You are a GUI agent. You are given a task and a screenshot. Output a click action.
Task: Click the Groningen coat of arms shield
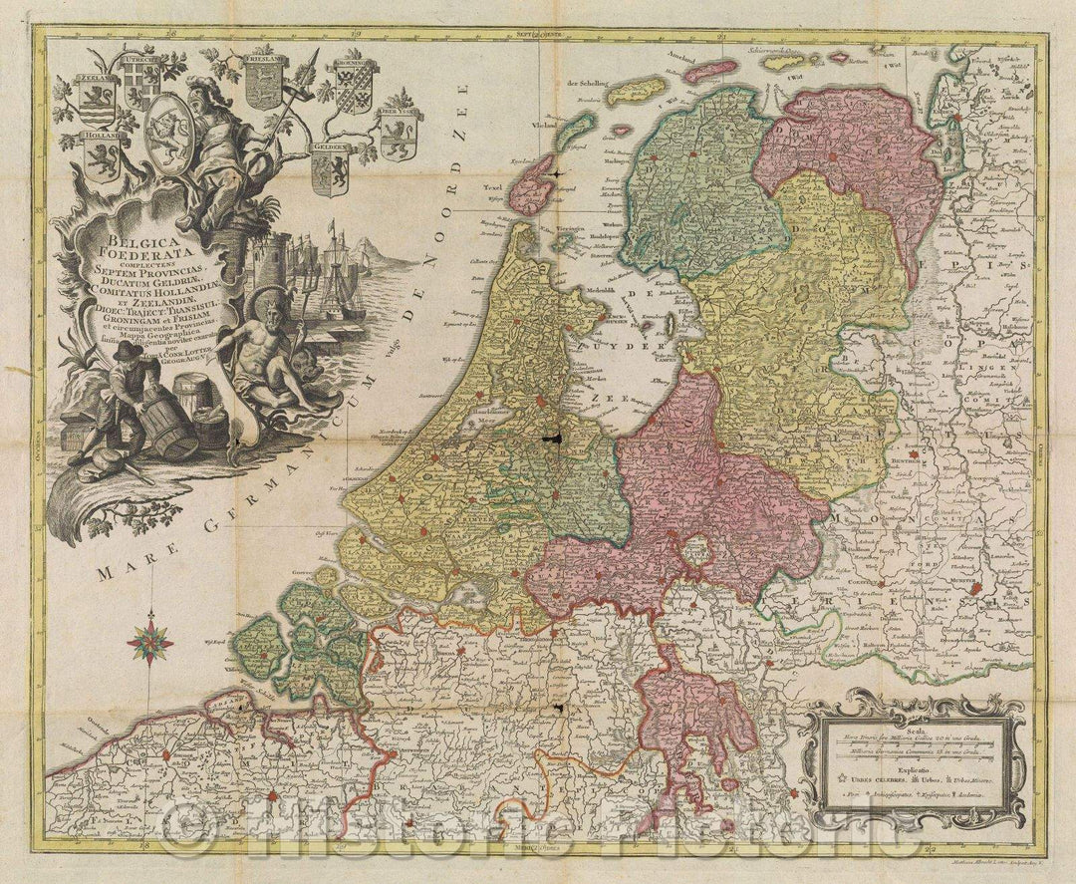[355, 85]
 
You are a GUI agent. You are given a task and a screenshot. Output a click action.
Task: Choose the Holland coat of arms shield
[101, 154]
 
